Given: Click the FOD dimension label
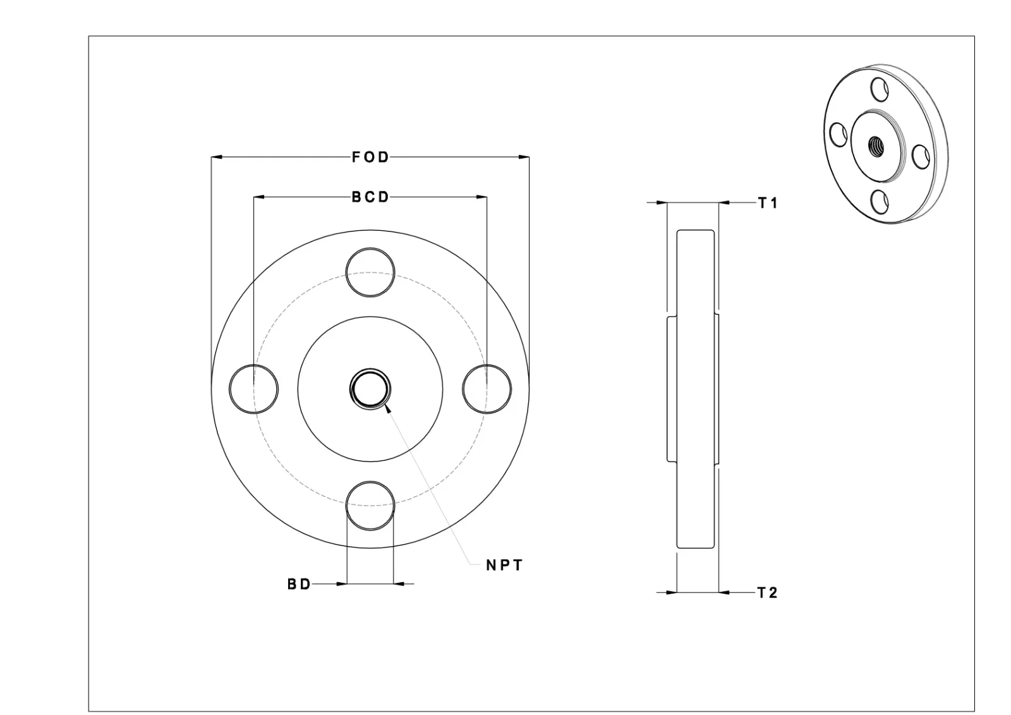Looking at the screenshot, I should [x=370, y=157].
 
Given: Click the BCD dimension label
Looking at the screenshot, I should [x=370, y=197].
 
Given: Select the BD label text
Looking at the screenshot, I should [x=299, y=584].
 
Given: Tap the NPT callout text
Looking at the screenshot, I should [x=504, y=565].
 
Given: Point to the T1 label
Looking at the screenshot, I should [x=768, y=203].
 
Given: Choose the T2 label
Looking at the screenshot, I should [x=768, y=593].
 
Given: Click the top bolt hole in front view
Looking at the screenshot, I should [x=370, y=272].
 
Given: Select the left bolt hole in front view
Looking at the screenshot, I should [x=253, y=389].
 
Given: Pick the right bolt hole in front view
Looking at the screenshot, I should [x=487, y=389].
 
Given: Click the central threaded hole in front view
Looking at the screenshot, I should [x=370, y=389].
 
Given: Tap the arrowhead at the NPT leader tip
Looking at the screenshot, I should [x=387, y=409].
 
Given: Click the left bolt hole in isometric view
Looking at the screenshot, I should [x=838, y=134].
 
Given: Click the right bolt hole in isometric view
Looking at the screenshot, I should [x=919, y=156].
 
